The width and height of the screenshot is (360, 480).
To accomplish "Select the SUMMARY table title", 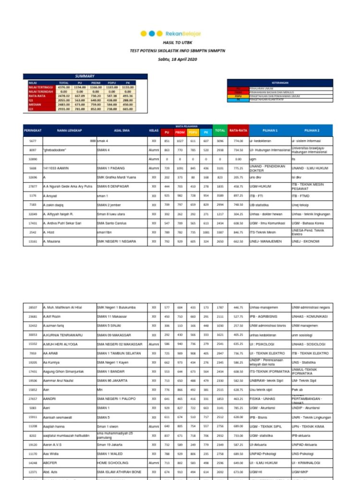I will (84, 76).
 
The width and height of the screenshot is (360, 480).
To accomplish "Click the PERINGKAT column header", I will (33, 130).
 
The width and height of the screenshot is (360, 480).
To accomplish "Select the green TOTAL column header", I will (220, 130).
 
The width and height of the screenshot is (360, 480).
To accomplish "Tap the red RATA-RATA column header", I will (238, 130).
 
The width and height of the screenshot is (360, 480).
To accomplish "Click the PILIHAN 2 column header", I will (312, 130).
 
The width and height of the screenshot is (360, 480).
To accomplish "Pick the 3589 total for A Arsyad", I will (220, 196).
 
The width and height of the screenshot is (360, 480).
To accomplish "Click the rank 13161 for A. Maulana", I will (33, 241).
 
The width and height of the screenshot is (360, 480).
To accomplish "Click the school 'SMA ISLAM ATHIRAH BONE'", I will (119, 472).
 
